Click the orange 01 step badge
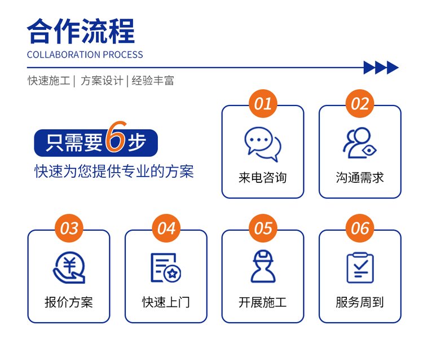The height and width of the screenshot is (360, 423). click(263, 104)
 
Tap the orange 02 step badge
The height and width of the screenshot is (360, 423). click(360, 104)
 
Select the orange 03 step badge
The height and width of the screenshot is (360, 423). click(69, 229)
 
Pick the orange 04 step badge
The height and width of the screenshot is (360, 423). click(166, 229)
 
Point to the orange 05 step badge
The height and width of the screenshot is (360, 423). click(263, 229)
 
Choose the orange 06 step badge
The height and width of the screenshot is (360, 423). click(360, 229)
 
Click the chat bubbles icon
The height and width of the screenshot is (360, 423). click(262, 144)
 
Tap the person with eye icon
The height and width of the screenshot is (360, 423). click(360, 143)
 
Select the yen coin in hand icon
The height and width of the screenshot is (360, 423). click(69, 267)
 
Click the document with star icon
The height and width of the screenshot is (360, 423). click(166, 267)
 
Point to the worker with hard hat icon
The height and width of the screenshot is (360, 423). click(263, 266)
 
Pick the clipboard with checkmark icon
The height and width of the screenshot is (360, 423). click(360, 267)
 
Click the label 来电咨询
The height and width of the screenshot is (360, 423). click(262, 178)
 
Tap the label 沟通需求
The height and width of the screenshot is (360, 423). click(360, 178)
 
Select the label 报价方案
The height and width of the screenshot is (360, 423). click(69, 302)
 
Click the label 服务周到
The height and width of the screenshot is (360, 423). click(360, 302)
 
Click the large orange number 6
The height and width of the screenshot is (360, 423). click(116, 137)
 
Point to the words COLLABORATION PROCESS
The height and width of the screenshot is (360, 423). click(85, 55)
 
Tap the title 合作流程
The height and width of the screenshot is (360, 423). click(81, 31)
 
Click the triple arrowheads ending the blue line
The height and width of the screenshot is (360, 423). click(381, 68)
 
